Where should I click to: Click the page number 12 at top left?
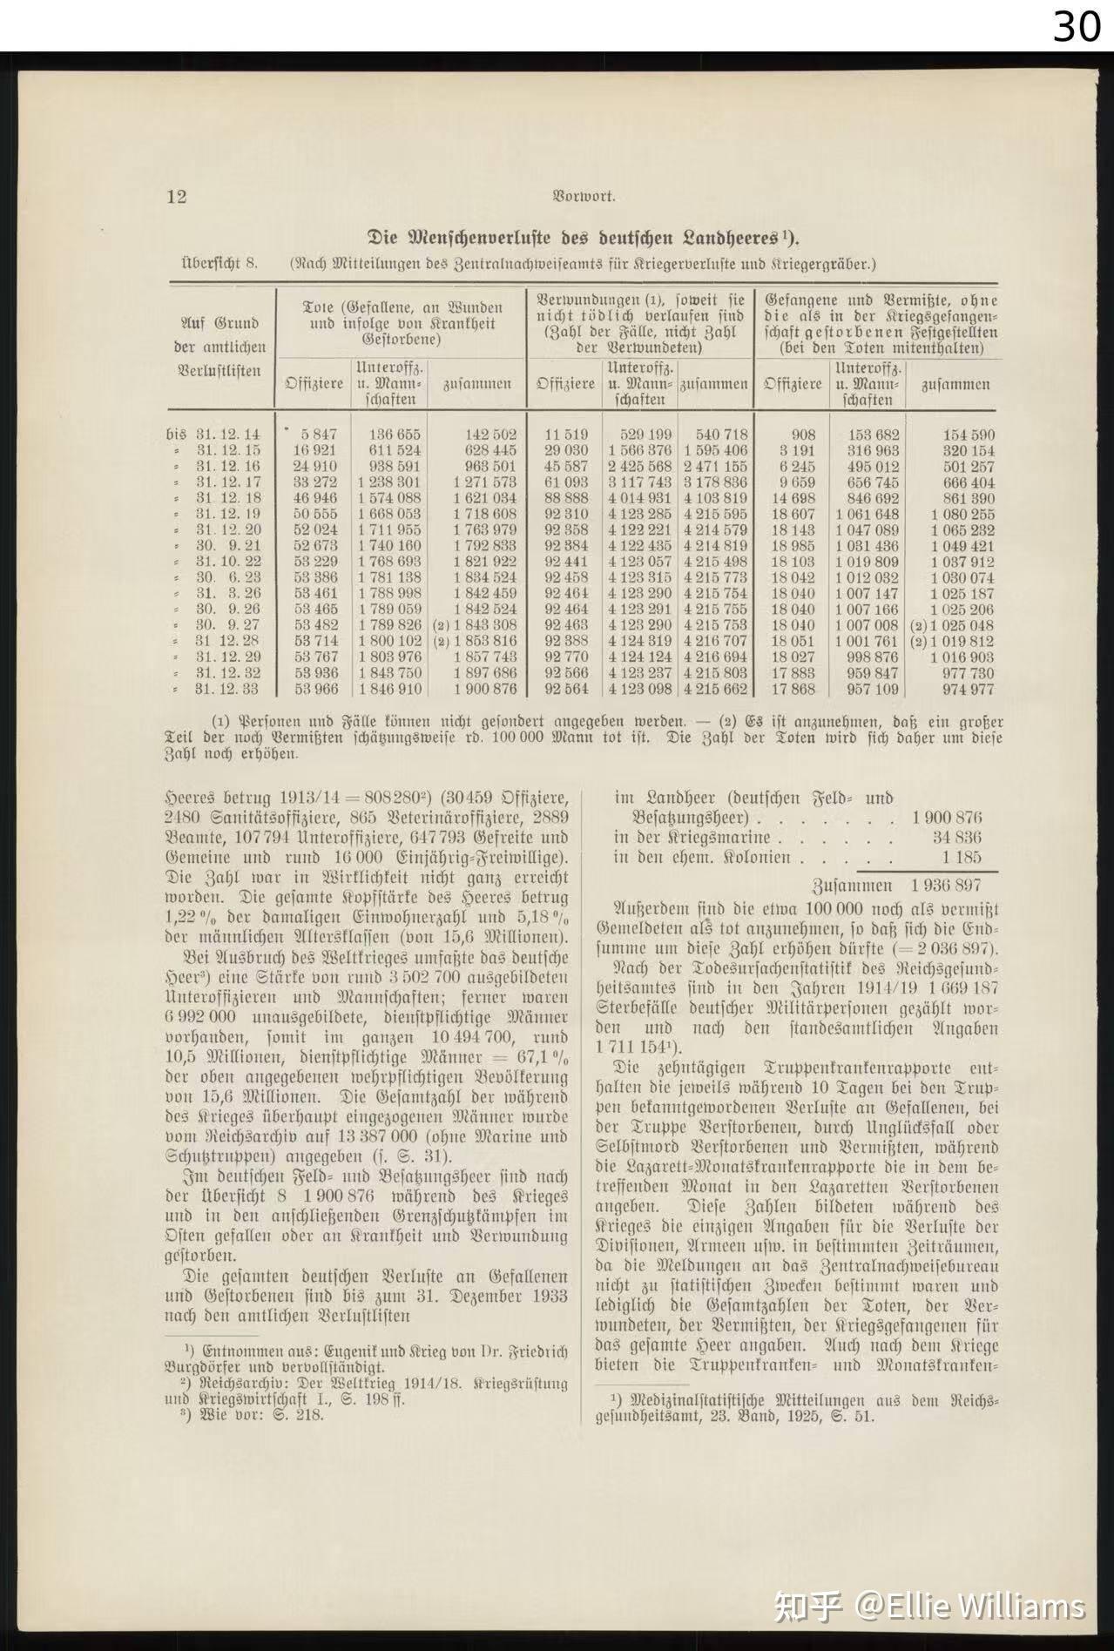pyautogui.click(x=177, y=196)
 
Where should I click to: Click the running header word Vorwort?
pyautogui.click(x=584, y=197)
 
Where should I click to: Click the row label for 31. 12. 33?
pyautogui.click(x=227, y=689)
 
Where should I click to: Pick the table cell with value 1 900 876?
pyautogui.click(x=484, y=689)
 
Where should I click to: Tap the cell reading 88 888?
pyautogui.click(x=566, y=498)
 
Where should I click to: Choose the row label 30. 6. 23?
pyautogui.click(x=227, y=577)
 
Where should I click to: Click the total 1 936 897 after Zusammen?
pyautogui.click(x=946, y=885)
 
